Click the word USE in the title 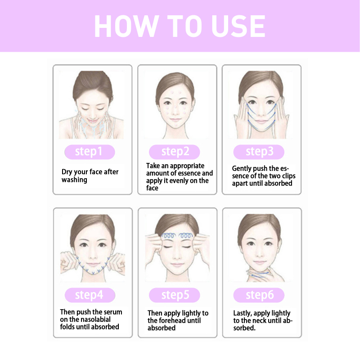pyautogui.click(x=238, y=26)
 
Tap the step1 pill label pyautogui.click(x=90, y=152)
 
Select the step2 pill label pyautogui.click(x=175, y=152)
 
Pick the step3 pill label pyautogui.click(x=259, y=152)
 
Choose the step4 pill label pyautogui.click(x=90, y=295)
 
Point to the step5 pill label pyautogui.click(x=175, y=295)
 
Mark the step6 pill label pyautogui.click(x=259, y=295)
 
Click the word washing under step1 pyautogui.click(x=74, y=180)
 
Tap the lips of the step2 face pyautogui.click(x=175, y=120)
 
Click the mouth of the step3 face pyautogui.click(x=261, y=121)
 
